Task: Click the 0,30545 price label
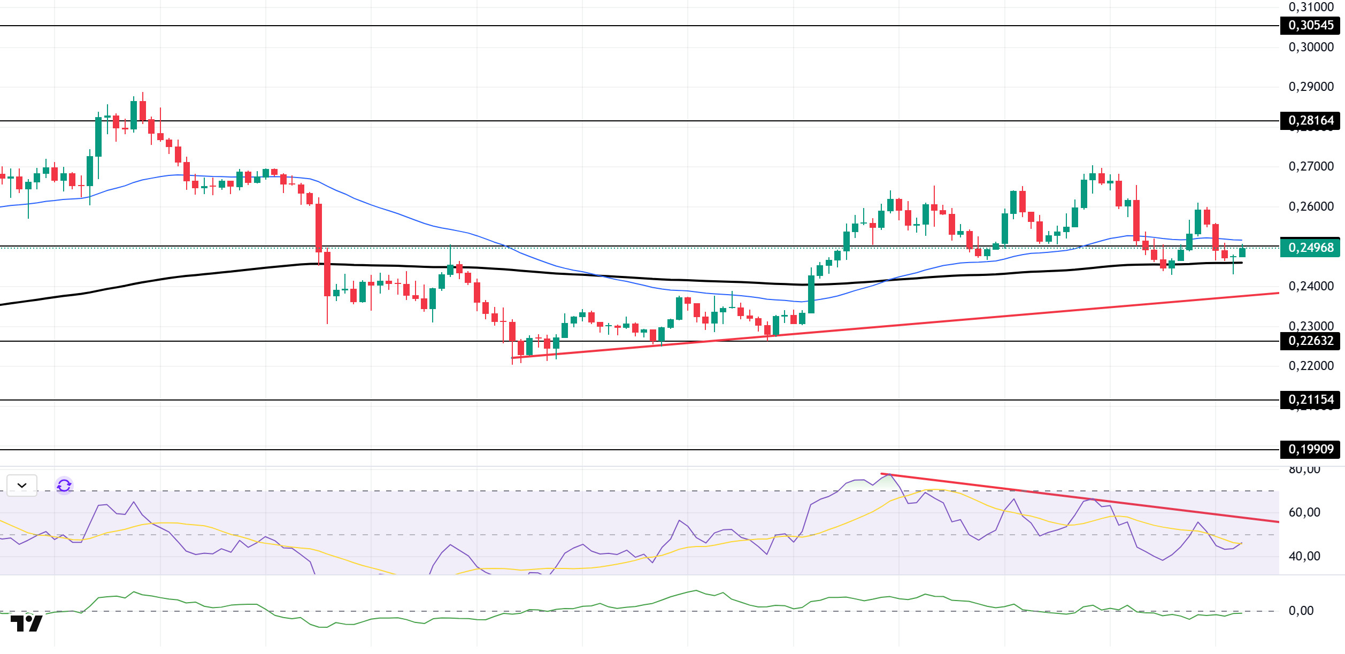click(1310, 25)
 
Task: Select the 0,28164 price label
click(1310, 120)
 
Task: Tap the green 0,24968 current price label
click(1310, 248)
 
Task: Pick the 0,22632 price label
click(1310, 341)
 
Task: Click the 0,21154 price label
click(1310, 399)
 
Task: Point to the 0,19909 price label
click(1310, 449)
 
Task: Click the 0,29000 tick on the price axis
click(1311, 87)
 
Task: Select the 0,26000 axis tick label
click(1311, 206)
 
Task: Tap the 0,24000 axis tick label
click(1311, 286)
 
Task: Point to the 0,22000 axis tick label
click(1311, 366)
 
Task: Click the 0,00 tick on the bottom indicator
click(1301, 611)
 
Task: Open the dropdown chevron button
click(22, 486)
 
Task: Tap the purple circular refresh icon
click(64, 486)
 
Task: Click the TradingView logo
click(26, 623)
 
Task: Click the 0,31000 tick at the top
click(1311, 7)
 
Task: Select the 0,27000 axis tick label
click(1311, 166)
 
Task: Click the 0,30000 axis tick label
click(1311, 47)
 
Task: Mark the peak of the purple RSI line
click(888, 475)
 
